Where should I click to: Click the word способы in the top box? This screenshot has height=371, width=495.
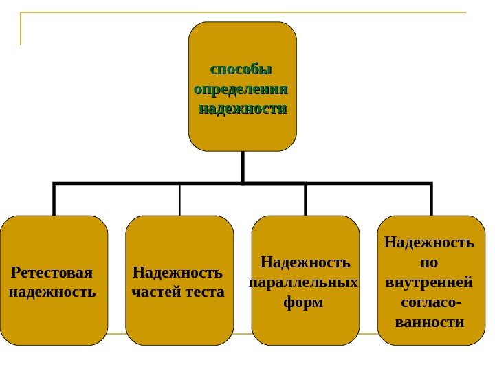pos(241,70)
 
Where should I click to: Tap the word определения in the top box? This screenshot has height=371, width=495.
pos(241,90)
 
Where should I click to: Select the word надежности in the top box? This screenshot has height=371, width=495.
pos(243,109)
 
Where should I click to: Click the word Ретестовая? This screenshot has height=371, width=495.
pos(52,273)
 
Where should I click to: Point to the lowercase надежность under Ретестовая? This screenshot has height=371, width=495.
pos(52,292)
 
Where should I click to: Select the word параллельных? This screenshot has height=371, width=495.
pos(303,282)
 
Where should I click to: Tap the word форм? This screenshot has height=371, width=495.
pos(303,302)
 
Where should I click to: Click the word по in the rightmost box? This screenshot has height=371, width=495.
pos(429,262)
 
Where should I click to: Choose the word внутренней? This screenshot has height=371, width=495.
pos(429,282)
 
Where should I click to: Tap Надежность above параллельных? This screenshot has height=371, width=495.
pos(306,262)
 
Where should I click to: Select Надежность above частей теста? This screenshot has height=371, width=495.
pos(178,273)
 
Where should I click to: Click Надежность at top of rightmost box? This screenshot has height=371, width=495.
pos(429,243)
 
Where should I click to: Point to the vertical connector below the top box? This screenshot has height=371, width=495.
pos(243,167)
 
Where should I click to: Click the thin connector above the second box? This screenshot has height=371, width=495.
pos(179,200)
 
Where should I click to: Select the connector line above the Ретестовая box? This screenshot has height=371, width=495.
pos(54,200)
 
